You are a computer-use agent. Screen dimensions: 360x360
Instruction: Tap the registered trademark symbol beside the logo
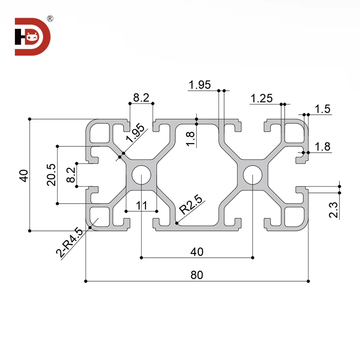[x=50, y=19]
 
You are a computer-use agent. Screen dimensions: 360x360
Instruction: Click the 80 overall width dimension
[x=197, y=275]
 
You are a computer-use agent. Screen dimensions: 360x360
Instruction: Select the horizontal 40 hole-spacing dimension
[x=197, y=252]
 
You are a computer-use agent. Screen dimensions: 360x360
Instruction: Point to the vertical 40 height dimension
[x=24, y=175]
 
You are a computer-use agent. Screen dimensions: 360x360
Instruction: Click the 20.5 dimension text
[x=51, y=175]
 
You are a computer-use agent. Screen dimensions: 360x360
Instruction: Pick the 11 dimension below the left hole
[x=141, y=205]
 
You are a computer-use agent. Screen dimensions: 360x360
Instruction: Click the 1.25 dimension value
[x=262, y=99]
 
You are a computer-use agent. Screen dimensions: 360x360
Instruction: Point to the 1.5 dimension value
[x=323, y=109]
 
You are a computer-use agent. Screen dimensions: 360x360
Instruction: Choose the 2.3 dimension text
[x=335, y=210]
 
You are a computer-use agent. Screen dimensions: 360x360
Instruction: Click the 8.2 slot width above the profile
[x=141, y=98]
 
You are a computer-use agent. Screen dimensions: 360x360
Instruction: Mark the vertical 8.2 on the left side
[x=71, y=175]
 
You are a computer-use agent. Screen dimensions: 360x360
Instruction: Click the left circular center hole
[x=142, y=175]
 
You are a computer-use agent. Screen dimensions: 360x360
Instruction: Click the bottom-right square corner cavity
[x=294, y=217]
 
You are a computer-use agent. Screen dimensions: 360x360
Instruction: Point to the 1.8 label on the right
[x=323, y=147]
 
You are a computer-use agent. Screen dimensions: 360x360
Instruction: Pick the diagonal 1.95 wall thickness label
[x=135, y=136]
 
